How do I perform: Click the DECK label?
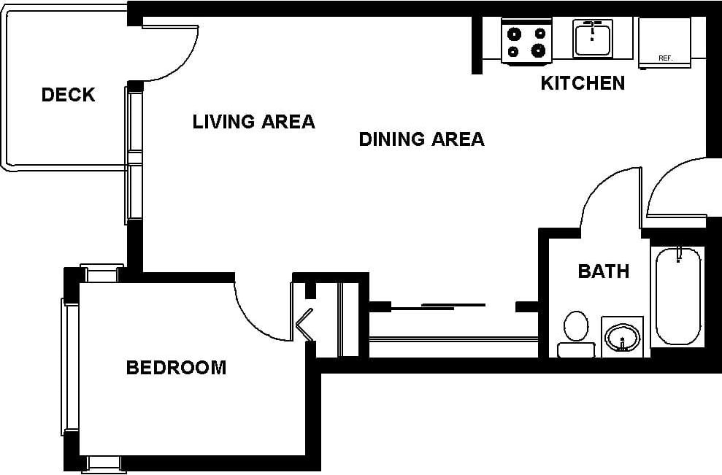click(68, 95)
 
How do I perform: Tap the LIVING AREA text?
click(253, 122)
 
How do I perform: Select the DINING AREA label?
click(421, 139)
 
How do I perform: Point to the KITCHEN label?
click(583, 83)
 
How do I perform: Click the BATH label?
click(603, 271)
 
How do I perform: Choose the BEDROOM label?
click(176, 368)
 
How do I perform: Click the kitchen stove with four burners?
click(526, 42)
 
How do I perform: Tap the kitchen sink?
click(592, 39)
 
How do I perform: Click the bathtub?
click(677, 296)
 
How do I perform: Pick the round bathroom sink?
click(622, 337)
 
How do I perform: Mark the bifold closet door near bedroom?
click(304, 325)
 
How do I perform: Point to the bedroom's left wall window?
click(71, 368)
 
